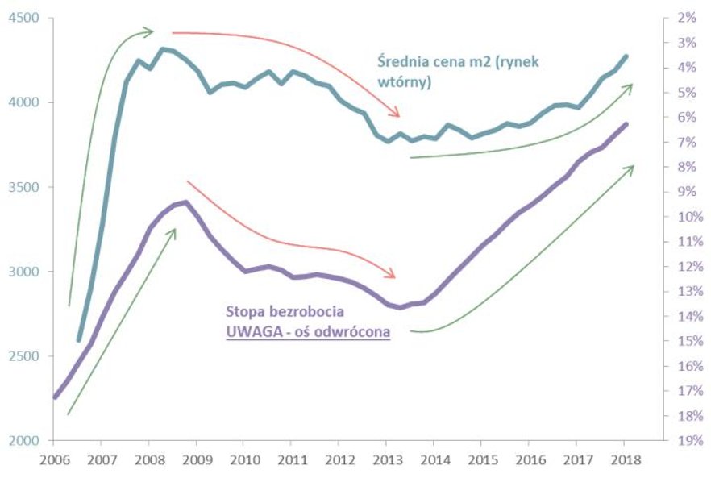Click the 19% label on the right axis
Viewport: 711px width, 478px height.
coord(684,441)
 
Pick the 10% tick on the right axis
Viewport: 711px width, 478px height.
coord(684,217)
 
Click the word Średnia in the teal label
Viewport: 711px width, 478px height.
coord(405,63)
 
